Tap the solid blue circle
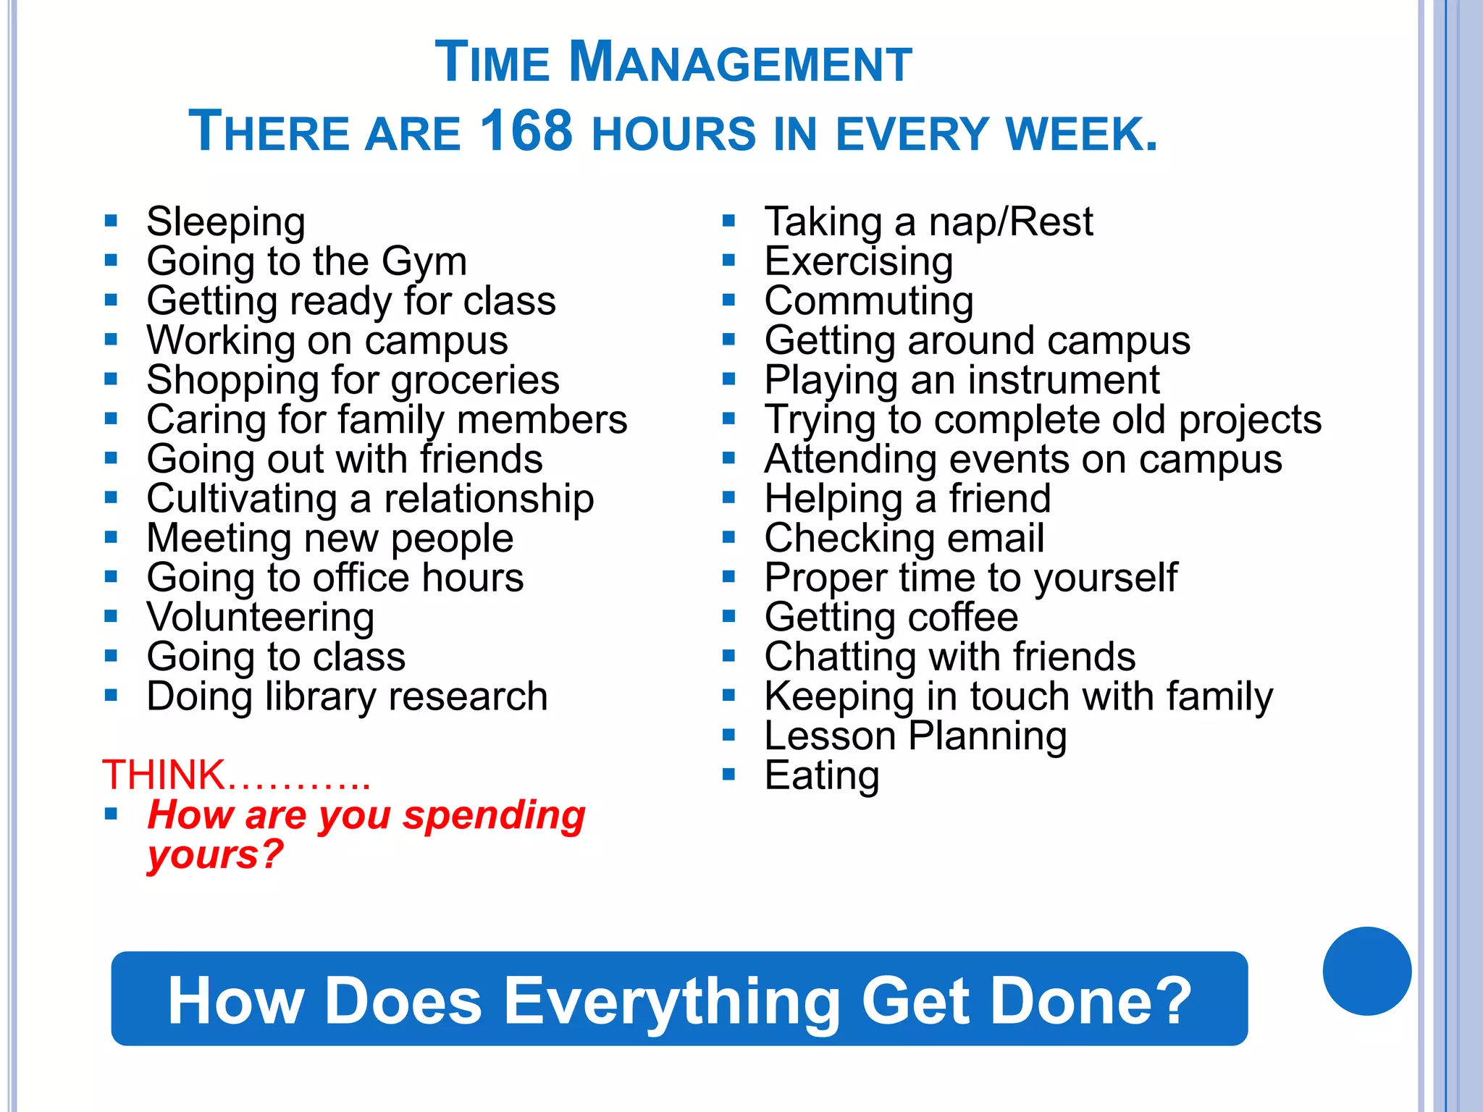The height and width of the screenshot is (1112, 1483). (1366, 971)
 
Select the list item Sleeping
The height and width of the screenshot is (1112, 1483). (226, 222)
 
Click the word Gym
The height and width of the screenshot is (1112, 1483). (424, 262)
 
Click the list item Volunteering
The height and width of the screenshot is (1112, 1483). (261, 618)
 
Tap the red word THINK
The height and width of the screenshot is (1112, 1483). (164, 775)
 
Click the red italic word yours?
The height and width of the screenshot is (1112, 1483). (215, 855)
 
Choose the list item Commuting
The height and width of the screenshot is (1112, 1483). (869, 301)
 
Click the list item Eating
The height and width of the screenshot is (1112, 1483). (822, 776)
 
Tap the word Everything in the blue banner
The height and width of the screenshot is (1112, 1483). (671, 1001)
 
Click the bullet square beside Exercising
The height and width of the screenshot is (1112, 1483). (728, 261)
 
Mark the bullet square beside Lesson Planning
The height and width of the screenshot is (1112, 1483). (728, 736)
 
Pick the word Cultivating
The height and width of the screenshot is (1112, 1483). (242, 499)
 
